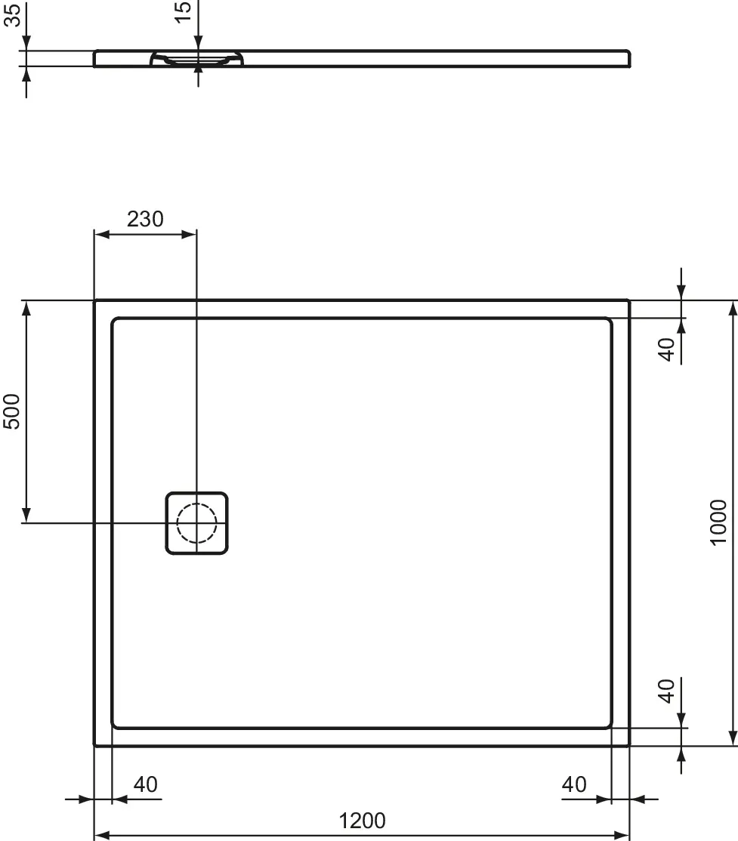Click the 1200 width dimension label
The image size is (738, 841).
tap(362, 821)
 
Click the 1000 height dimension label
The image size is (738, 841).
tap(718, 522)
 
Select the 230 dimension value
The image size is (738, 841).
tap(144, 219)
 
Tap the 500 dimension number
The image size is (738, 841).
tap(12, 411)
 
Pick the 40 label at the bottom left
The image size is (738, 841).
tap(145, 785)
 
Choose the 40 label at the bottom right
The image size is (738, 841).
tap(573, 785)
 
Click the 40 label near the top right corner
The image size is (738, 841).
tap(666, 350)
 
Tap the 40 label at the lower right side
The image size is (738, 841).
tap(666, 690)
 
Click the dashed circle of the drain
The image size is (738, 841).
tap(196, 523)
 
